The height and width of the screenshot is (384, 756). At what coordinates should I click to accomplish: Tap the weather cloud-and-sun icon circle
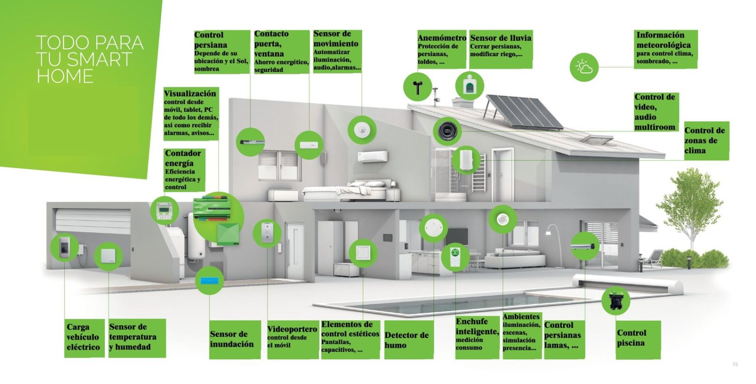click(x=584, y=67)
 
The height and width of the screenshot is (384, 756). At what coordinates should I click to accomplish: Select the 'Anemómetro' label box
click(x=441, y=49)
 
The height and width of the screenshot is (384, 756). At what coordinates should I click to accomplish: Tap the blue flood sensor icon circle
click(x=209, y=280)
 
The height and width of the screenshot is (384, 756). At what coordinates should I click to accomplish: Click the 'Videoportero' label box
click(x=292, y=337)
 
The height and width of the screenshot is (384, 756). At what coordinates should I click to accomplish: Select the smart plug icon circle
click(x=455, y=257)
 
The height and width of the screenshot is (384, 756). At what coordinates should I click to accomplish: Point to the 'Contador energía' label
click(x=183, y=170)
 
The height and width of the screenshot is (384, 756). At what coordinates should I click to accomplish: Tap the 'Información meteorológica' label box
click(x=665, y=48)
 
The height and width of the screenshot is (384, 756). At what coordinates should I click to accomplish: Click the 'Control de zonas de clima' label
click(x=705, y=140)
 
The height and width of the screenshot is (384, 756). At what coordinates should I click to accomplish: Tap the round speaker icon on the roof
click(x=447, y=131)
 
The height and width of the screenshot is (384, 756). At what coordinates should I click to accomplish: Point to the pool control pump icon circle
click(x=616, y=300)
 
